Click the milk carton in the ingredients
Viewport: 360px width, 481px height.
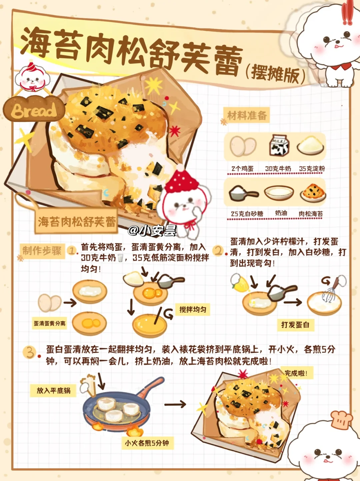click(x=279, y=145)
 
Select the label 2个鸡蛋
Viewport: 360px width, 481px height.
click(x=243, y=169)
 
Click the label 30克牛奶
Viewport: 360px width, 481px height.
click(x=278, y=169)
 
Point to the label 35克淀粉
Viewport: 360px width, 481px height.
click(x=312, y=169)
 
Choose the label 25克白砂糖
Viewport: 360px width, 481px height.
click(x=247, y=214)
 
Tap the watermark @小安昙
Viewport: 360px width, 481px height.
click(x=152, y=231)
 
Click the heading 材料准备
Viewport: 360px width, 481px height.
click(x=247, y=115)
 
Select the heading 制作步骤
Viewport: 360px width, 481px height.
click(x=42, y=251)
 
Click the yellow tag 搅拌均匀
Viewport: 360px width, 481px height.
click(x=193, y=310)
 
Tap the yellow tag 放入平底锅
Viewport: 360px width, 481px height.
click(x=53, y=390)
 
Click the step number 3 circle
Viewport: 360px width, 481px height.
click(x=29, y=352)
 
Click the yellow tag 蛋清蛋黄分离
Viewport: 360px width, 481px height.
click(x=49, y=323)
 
